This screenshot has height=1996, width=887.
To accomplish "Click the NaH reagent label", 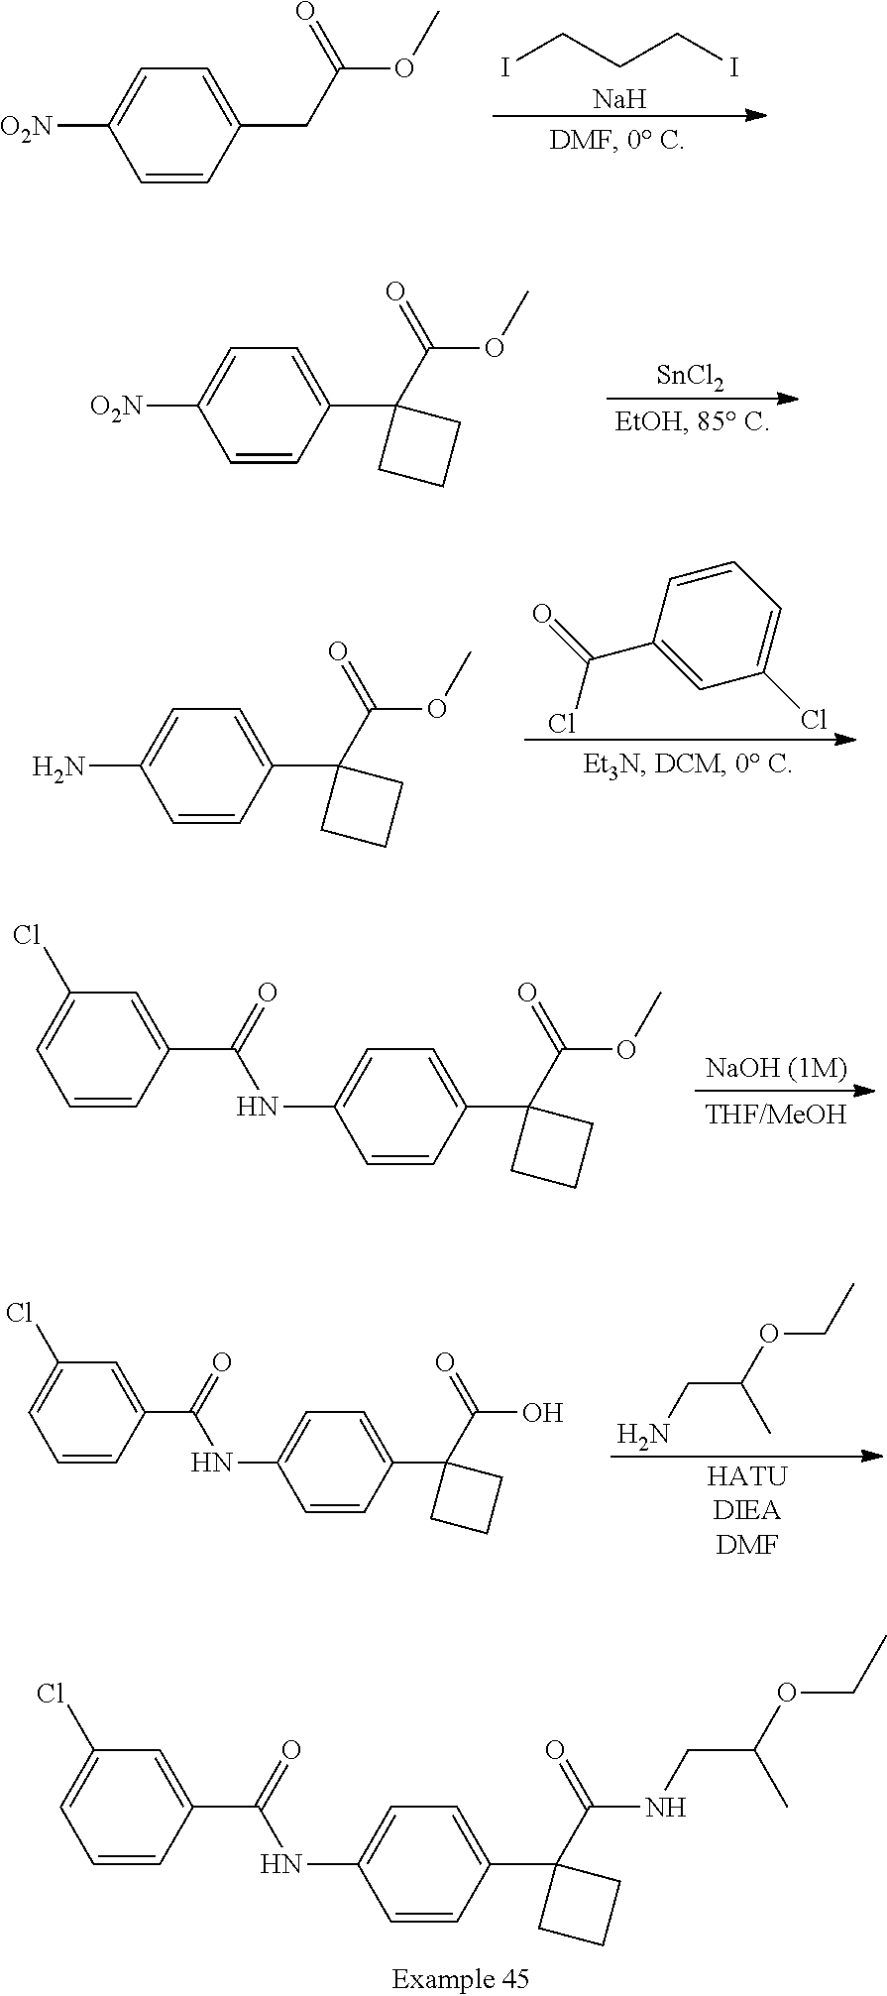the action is pyautogui.click(x=619, y=99).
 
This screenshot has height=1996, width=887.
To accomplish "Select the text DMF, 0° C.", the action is pyautogui.click(x=616, y=140).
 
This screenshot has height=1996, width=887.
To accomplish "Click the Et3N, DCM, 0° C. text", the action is pyautogui.click(x=689, y=764).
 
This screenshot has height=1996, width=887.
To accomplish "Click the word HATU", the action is pyautogui.click(x=745, y=1476).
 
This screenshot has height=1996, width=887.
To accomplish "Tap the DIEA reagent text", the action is pyautogui.click(x=745, y=1510).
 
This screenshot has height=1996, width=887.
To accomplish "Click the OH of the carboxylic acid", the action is pyautogui.click(x=542, y=1412).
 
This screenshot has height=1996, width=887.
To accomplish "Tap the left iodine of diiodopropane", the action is pyautogui.click(x=505, y=68).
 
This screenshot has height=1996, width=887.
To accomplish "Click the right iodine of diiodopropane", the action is pyautogui.click(x=733, y=68).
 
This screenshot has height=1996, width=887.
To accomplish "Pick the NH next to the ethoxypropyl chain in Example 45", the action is pyautogui.click(x=665, y=1807).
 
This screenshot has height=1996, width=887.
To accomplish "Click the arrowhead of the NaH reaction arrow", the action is pyautogui.click(x=756, y=116).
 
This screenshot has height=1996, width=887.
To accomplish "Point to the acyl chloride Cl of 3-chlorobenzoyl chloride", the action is pyautogui.click(x=562, y=723).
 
